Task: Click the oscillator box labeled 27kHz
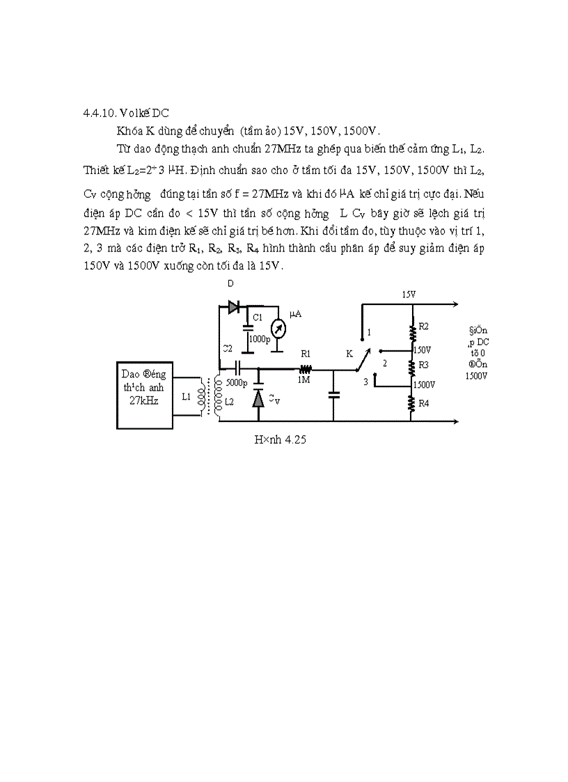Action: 145,394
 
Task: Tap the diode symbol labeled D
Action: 232,306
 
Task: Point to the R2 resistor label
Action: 423,327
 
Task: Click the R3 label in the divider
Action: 423,365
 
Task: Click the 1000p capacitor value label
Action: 259,339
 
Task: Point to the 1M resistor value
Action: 303,380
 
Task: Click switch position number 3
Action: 365,382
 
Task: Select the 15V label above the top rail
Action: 409,295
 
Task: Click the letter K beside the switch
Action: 349,354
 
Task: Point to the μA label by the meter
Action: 295,315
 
